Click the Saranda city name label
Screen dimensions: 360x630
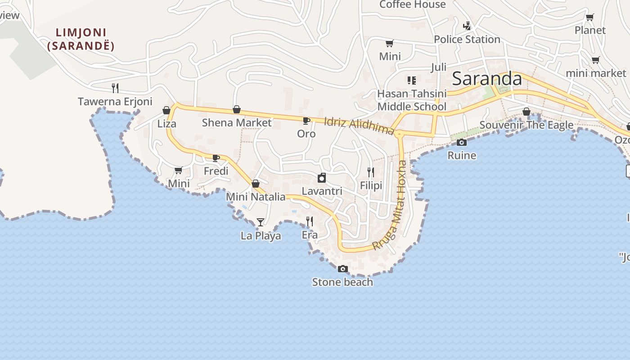click(487, 79)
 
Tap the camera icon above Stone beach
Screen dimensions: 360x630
click(343, 269)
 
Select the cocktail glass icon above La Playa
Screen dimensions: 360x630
click(260, 222)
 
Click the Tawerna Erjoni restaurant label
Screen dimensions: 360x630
click(115, 102)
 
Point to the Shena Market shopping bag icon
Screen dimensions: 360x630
click(237, 109)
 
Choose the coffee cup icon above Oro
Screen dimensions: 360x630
click(306, 121)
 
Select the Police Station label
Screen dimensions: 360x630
click(467, 40)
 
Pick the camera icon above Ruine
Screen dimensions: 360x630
click(461, 143)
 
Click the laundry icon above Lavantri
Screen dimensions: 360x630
click(322, 178)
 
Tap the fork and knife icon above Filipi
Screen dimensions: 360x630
click(371, 172)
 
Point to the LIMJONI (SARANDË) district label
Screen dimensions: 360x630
click(81, 39)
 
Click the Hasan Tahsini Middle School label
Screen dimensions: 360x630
click(412, 100)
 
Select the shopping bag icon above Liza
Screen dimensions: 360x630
click(166, 110)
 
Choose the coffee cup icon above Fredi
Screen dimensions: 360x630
click(216, 157)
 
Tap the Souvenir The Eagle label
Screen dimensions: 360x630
click(526, 125)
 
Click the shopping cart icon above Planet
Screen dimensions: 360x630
click(589, 18)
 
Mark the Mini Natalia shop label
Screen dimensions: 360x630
click(256, 197)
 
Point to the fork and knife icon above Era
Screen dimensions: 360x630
click(310, 221)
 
